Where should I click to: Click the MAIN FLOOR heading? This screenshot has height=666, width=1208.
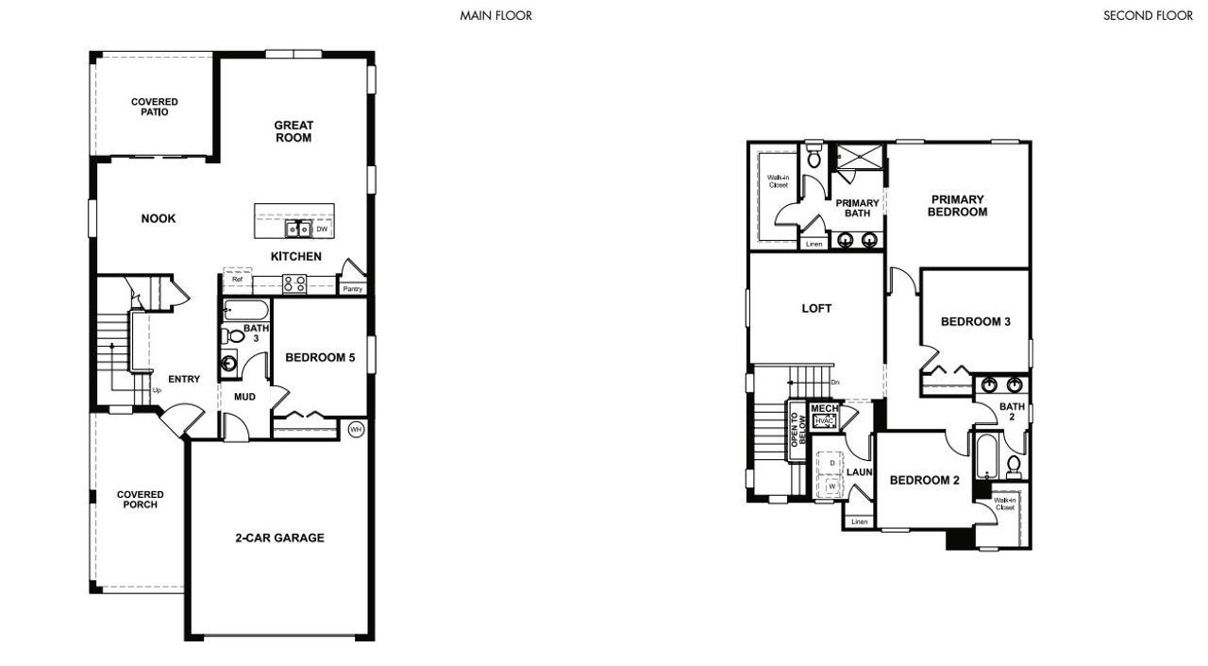point(495,16)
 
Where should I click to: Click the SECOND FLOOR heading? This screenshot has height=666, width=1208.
point(1148,16)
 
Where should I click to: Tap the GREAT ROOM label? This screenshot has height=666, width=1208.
point(294,131)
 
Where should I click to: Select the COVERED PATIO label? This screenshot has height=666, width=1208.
point(154,107)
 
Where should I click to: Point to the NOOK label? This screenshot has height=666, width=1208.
point(159,219)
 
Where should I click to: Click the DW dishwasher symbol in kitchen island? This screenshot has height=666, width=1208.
point(322,230)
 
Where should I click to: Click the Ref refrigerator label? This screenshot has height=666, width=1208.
point(238,280)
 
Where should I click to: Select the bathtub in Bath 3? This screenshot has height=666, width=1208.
point(246,310)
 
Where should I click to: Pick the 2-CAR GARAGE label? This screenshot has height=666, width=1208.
point(279,538)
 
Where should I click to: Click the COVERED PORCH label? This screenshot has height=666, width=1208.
point(140,499)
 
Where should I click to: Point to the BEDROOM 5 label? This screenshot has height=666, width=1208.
point(320,357)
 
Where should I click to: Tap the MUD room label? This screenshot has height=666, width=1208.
point(245,397)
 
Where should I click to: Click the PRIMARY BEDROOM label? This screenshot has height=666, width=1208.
point(958,206)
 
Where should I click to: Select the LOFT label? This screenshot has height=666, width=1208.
point(816,308)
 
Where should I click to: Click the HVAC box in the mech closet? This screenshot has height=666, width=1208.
point(823,420)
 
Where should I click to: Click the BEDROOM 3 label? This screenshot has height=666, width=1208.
point(976,322)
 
